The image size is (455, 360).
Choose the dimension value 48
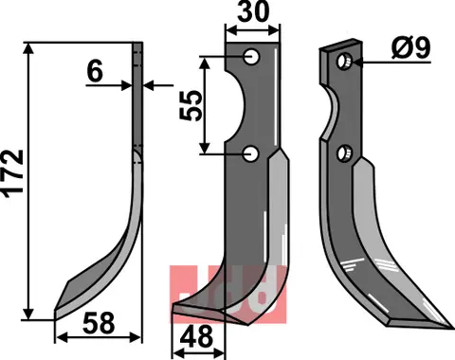197,338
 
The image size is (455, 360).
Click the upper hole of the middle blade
251,59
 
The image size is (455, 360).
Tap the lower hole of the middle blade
251,153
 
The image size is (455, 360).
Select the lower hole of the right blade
348,152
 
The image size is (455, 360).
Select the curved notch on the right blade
335,109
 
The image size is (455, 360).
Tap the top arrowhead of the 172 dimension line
32,46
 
